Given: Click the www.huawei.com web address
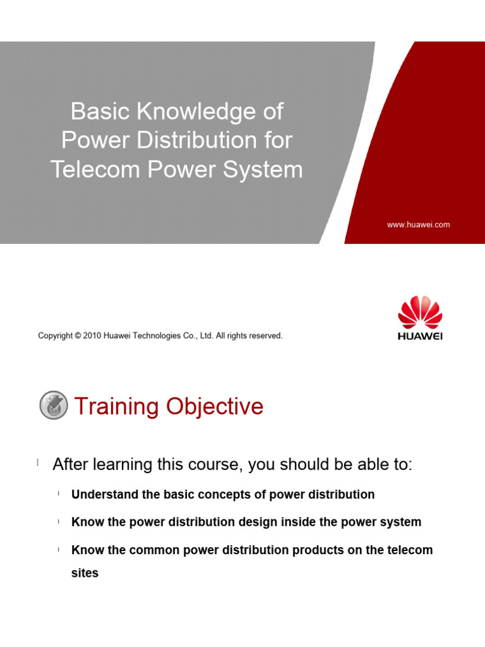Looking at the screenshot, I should pyautogui.click(x=418, y=224).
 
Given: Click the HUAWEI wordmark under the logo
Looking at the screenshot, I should pyautogui.click(x=420, y=336).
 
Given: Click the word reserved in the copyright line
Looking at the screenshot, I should pyautogui.click(x=265, y=336).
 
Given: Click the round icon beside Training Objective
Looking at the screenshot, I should pyautogui.click(x=54, y=405).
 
